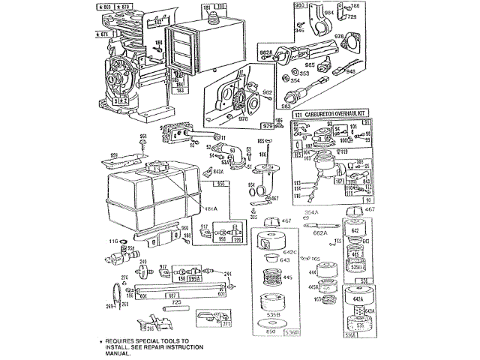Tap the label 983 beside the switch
[286, 106]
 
